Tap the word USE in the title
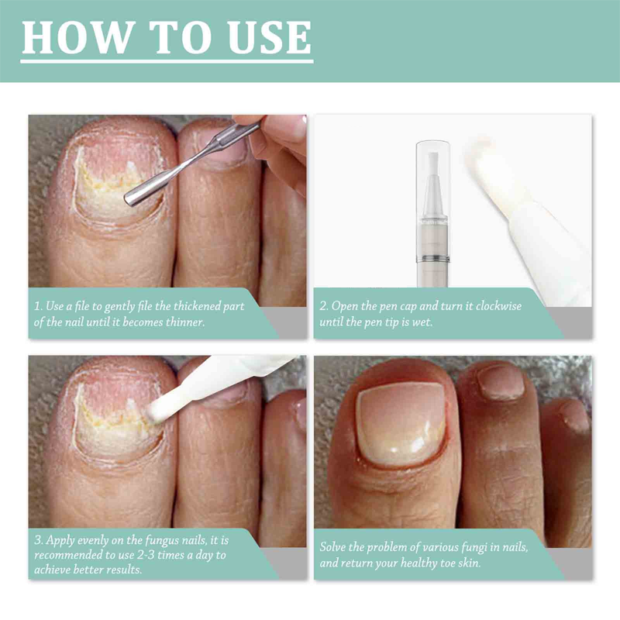coord(269,37)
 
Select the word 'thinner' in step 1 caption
coord(185,322)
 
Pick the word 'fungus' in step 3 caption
coord(163,540)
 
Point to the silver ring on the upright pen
coord(432,259)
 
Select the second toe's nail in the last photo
coord(501,382)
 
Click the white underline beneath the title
coord(167,61)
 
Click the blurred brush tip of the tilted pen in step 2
coord(480,157)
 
